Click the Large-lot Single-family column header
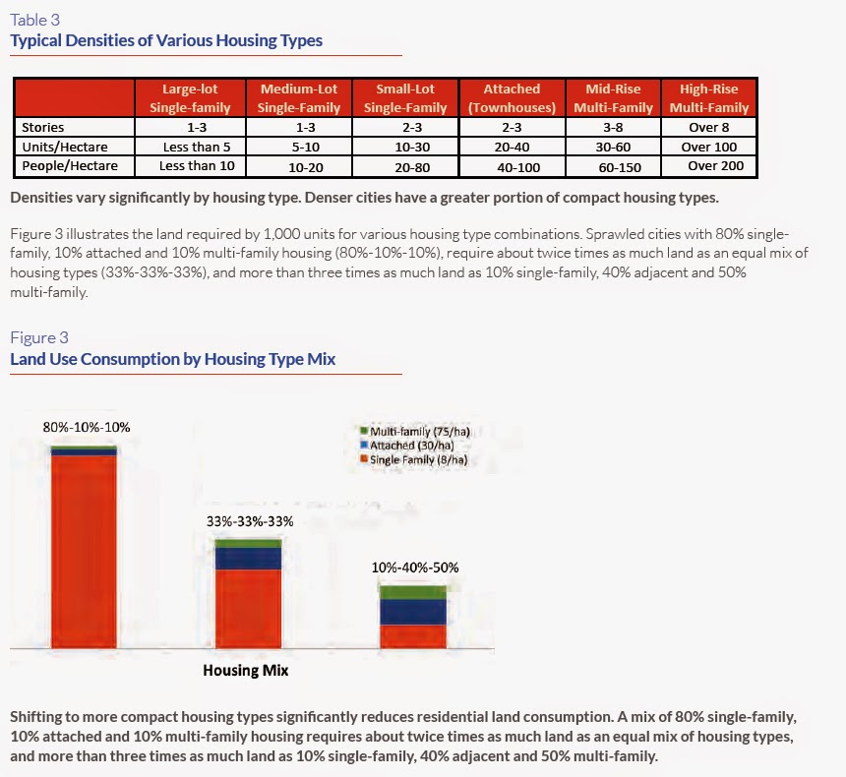point(190,98)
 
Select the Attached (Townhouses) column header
point(512,98)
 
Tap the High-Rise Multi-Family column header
point(709,98)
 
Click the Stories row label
point(42,127)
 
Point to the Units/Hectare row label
point(65,147)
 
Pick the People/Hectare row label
point(70,165)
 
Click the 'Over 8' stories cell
point(709,127)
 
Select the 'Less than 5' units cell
point(197,147)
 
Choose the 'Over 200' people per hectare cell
point(716,165)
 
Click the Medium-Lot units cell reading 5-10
point(306,147)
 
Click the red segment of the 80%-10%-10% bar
point(84,552)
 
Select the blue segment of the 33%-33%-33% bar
point(248,559)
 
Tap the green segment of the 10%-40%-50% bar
point(413,592)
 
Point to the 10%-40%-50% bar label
point(415,568)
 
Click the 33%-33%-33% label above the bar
point(250,521)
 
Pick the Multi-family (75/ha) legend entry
point(415,432)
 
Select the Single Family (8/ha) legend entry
point(414,459)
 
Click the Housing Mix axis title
point(246,670)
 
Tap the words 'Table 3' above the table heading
point(35,20)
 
